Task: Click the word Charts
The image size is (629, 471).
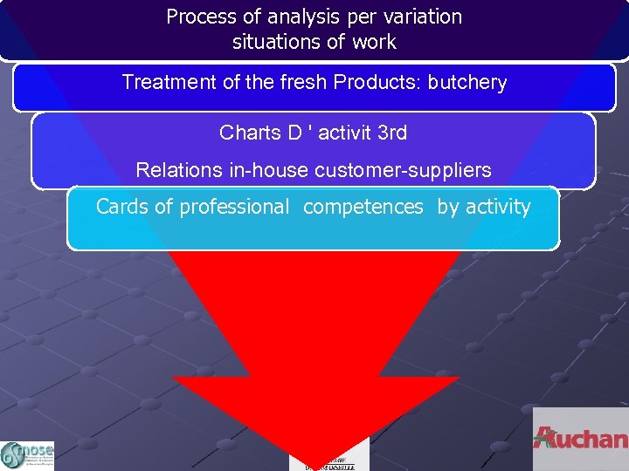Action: pyautogui.click(x=249, y=133)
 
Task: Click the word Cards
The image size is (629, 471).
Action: pyautogui.click(x=121, y=208)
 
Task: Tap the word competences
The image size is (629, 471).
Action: pyautogui.click(x=363, y=208)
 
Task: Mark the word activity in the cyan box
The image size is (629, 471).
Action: pyautogui.click(x=497, y=208)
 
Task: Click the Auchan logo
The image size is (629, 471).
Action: pyautogui.click(x=580, y=439)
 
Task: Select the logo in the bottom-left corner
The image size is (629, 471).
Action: pyautogui.click(x=27, y=454)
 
